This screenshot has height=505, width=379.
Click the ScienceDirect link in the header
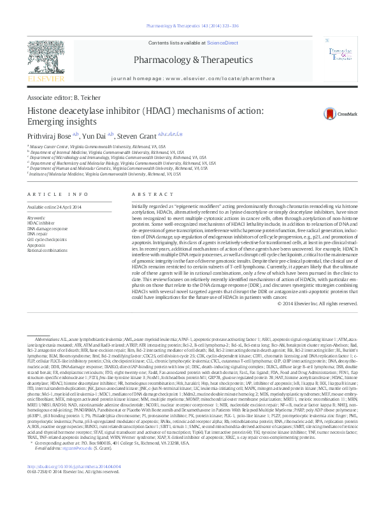[223, 43]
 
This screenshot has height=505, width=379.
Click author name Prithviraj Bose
[50, 135]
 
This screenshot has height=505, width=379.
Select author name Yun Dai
[96, 135]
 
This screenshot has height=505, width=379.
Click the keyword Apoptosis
[36, 244]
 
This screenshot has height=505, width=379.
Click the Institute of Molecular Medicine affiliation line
[89, 173]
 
